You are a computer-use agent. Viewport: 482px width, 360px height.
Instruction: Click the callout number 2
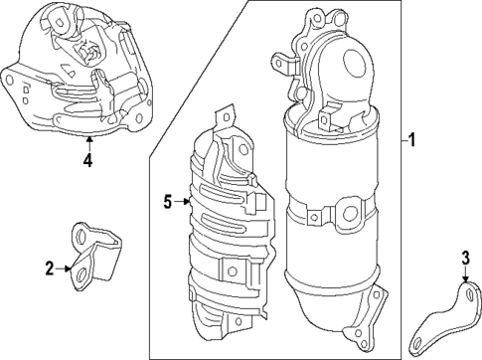[49, 267]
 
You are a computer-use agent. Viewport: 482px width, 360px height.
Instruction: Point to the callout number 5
[168, 202]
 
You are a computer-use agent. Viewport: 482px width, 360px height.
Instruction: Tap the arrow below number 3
[465, 279]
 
